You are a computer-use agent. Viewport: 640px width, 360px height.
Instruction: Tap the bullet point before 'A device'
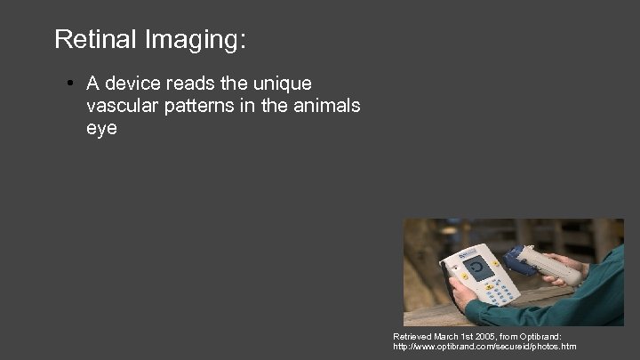(x=68, y=84)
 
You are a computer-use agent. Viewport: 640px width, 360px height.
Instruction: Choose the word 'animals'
(x=324, y=106)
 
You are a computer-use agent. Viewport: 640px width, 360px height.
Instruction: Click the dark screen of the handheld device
(x=481, y=268)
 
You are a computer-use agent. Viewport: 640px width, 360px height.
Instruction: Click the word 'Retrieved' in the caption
(x=412, y=337)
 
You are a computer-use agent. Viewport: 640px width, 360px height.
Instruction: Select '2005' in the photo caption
(x=485, y=337)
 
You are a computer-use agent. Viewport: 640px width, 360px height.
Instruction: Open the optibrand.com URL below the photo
(x=484, y=346)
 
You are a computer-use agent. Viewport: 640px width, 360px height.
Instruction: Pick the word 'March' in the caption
(x=448, y=337)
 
